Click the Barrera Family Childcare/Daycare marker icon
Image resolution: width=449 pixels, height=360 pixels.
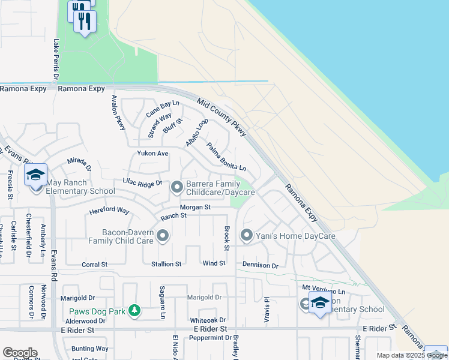point(177,188)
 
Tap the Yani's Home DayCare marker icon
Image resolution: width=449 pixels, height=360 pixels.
point(246,236)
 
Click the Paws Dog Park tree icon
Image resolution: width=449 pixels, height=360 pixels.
point(136,310)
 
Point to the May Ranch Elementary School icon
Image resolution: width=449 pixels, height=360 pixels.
point(36,175)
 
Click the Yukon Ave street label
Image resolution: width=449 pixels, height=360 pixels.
point(153,154)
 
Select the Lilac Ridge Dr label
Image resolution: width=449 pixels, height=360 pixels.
point(142,182)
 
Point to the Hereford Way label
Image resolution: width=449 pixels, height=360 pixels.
point(109,211)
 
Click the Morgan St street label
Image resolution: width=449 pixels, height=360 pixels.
point(196,207)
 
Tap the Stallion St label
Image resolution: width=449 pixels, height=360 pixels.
point(166,264)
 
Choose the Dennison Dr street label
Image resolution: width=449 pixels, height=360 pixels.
point(261,265)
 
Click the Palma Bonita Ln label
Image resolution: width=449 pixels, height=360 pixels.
point(226,156)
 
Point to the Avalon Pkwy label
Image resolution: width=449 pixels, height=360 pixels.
point(118,113)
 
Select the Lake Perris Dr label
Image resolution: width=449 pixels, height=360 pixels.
point(56,59)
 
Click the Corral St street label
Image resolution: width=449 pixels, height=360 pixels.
point(94,264)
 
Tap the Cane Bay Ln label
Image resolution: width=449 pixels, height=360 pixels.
point(163,109)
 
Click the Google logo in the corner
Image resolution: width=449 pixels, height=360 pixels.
point(20,353)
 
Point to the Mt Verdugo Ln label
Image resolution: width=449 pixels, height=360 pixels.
point(317,288)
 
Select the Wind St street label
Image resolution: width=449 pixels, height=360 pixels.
point(214,263)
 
